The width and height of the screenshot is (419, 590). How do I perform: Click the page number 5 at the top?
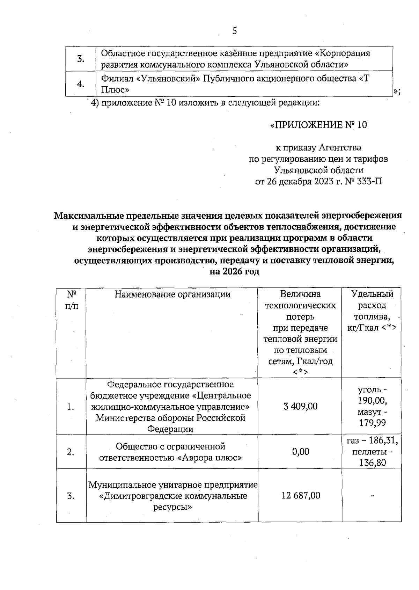coord(235,31)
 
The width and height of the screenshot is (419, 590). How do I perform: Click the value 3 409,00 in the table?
coord(300,406)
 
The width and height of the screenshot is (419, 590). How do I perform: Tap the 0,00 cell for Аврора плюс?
coord(301,452)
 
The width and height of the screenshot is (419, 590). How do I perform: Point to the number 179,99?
coord(372,423)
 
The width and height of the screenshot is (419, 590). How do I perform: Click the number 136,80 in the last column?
coord(372,463)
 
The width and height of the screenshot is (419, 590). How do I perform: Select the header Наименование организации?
coord(172,294)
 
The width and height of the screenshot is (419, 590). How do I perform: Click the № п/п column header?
coord(71,299)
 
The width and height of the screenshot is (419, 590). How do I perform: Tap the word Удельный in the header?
coord(372,294)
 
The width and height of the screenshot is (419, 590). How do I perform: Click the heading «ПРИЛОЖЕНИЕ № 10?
coord(318,125)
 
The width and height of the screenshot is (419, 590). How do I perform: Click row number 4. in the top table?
coord(81,84)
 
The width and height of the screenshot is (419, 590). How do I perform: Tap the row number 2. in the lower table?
coord(71,452)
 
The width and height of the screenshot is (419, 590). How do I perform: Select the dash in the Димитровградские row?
coord(372,495)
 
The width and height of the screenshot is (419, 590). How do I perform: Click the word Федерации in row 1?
coord(170,429)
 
